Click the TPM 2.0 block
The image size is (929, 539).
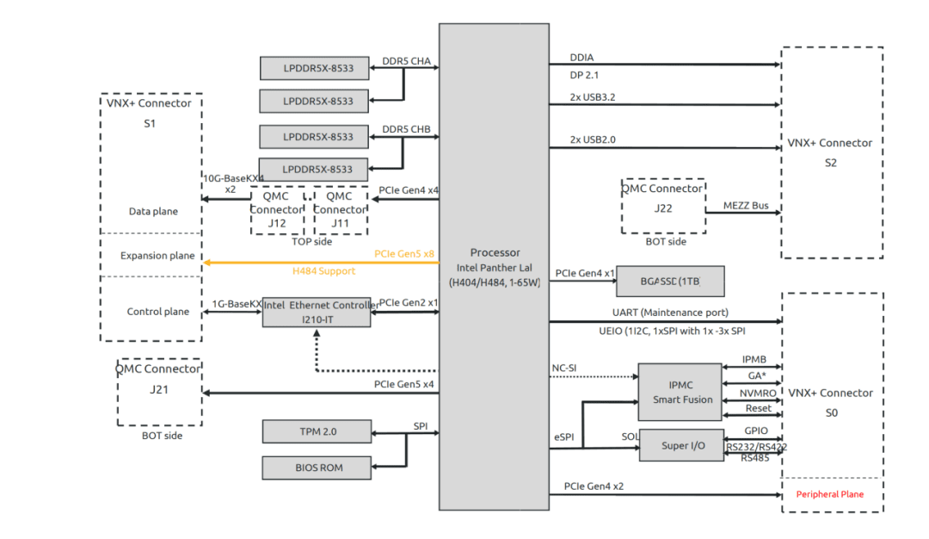coord(316,430)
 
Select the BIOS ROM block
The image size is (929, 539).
coord(316,468)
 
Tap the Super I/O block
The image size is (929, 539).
coord(681,445)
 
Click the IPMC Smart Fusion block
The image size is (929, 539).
coord(681,392)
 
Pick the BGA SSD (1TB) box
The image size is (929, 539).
coord(670,282)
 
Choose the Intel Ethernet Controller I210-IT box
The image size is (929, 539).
coord(316,312)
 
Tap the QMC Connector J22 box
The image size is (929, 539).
coord(663,206)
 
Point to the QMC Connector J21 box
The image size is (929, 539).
coord(159,392)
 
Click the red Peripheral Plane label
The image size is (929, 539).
coord(829,494)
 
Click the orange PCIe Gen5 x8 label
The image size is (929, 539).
coord(404,254)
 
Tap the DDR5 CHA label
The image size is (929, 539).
coord(406,61)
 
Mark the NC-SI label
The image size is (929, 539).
coord(563,369)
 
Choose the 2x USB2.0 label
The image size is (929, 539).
coord(592,139)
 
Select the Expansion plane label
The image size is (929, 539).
coord(157,256)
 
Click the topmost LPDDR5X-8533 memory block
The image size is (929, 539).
coord(316,68)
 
